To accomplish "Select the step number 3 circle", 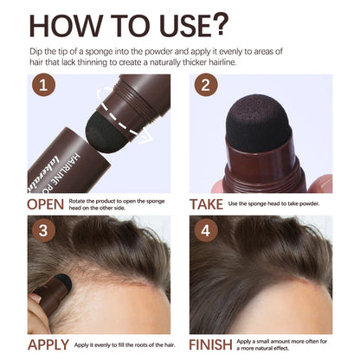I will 43,232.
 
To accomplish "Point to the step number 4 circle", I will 204,232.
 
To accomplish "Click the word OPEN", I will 46,205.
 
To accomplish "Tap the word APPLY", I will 49,344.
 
